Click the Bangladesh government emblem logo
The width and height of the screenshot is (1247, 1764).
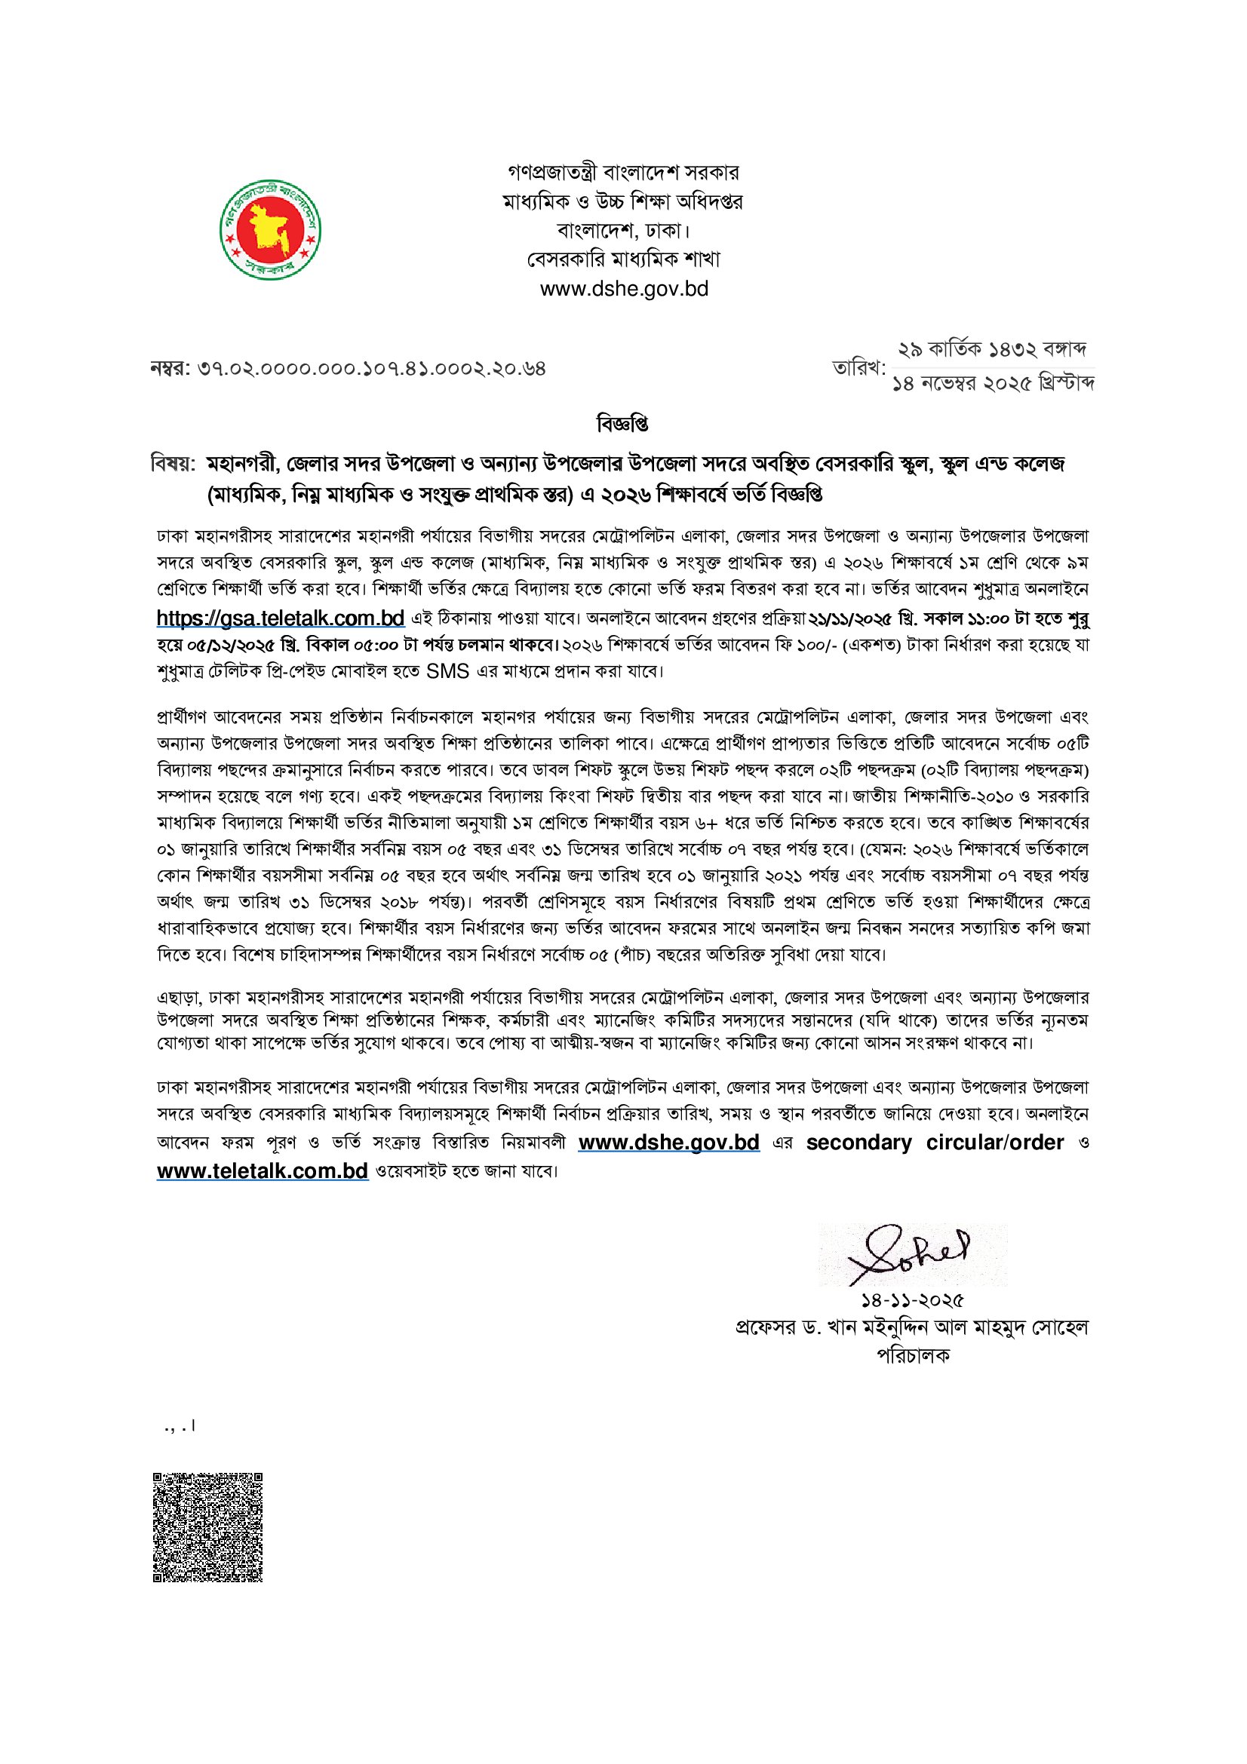coord(271,230)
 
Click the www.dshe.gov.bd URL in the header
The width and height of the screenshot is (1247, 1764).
coord(623,290)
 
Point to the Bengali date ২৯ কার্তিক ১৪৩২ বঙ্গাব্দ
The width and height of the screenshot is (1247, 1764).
coord(992,351)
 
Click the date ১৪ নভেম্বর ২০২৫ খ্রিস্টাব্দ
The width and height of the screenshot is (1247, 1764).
coord(993,383)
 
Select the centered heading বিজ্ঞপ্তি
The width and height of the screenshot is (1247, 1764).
coord(622,423)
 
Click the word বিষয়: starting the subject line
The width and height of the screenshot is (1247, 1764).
coord(174,465)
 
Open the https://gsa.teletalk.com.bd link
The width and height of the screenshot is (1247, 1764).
coord(281,618)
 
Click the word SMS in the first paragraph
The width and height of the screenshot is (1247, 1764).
coord(447,671)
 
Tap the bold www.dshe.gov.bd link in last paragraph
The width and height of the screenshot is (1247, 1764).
coord(668,1143)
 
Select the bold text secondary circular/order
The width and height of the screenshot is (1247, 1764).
coord(934,1143)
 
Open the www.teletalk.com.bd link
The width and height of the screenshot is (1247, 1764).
coord(263,1172)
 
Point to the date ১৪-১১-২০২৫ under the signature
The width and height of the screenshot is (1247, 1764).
coord(912,1301)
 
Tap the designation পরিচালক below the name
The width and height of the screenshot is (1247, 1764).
coord(913,1355)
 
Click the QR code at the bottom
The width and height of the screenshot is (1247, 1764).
coord(207,1526)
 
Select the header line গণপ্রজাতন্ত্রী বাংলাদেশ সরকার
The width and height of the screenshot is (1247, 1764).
coord(623,172)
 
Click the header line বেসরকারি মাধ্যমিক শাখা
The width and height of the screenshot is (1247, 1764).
coord(623,259)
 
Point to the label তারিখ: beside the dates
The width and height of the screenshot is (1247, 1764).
coord(859,368)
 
